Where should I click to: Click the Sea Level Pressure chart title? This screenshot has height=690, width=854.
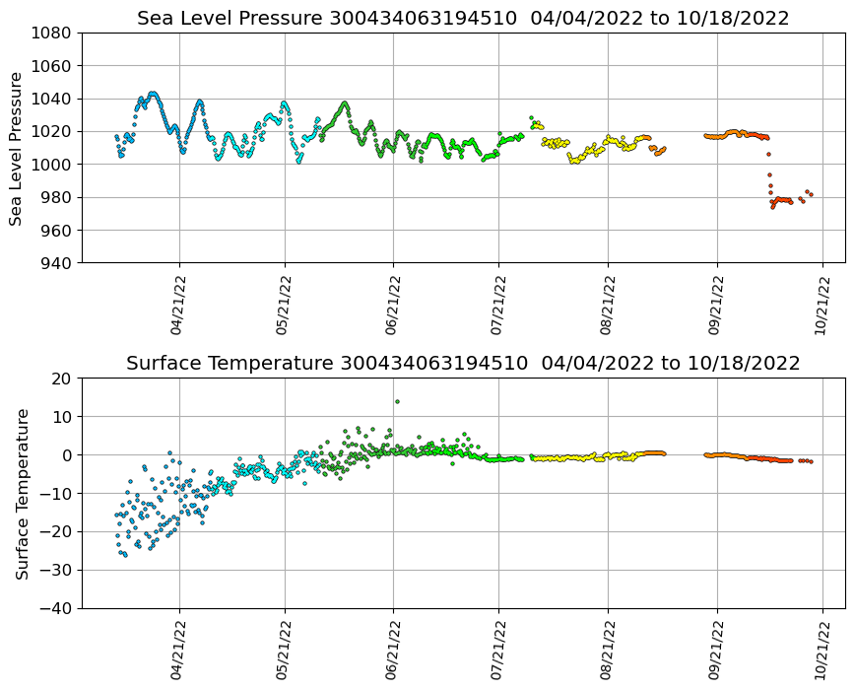tap(463, 19)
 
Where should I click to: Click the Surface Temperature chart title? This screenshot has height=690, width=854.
tap(463, 364)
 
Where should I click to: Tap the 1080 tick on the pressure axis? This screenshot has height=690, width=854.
tap(49, 34)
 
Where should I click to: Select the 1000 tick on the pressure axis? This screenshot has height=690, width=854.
tap(49, 165)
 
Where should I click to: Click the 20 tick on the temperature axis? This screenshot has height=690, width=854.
tap(61, 379)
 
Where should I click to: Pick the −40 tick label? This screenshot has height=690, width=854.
tap(54, 608)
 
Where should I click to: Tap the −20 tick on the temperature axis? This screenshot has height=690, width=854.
tap(54, 532)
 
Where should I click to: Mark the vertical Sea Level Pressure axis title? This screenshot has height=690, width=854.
tap(16, 148)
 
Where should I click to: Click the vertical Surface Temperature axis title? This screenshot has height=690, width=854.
tap(21, 493)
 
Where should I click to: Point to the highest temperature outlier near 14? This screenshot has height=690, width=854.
tap(397, 401)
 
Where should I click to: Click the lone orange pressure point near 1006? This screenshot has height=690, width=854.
tap(768, 154)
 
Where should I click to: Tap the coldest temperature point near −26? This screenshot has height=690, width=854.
tap(124, 555)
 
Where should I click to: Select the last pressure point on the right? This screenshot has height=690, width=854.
tap(811, 194)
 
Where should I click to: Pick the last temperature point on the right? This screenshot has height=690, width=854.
tap(811, 461)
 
